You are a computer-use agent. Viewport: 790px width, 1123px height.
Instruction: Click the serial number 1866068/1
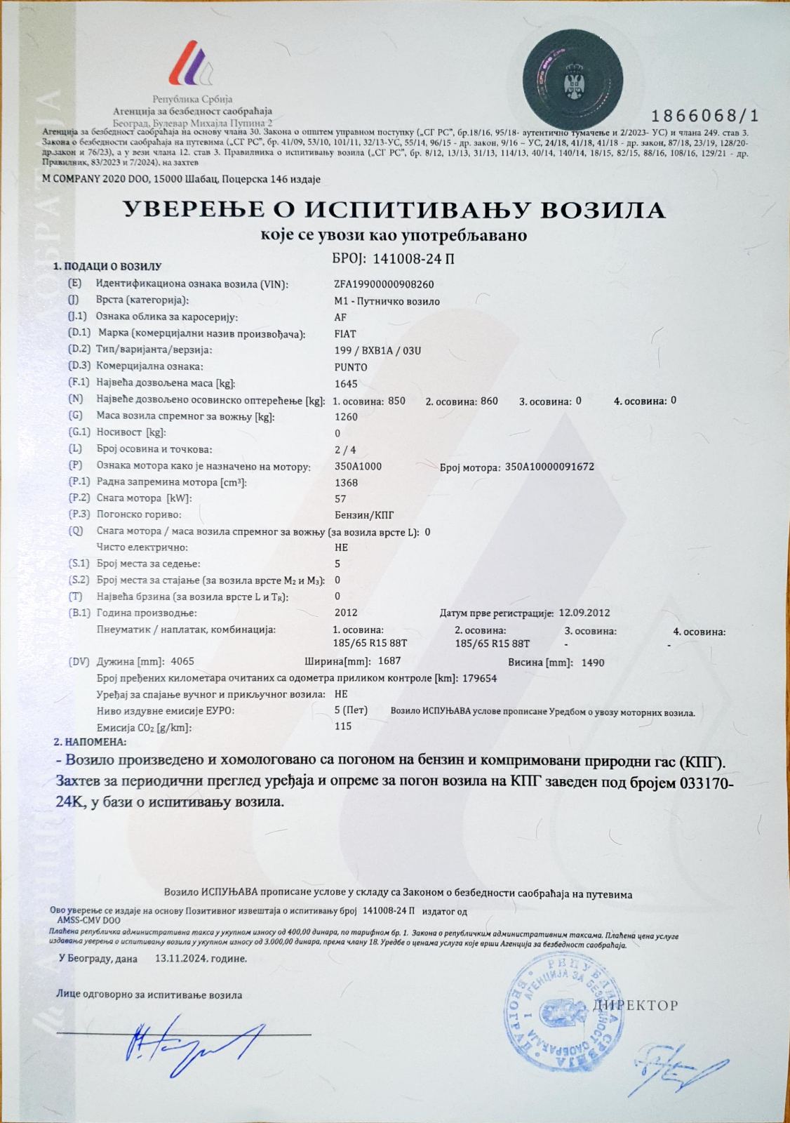coord(705,116)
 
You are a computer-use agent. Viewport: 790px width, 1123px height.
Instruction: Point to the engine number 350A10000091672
coord(549,466)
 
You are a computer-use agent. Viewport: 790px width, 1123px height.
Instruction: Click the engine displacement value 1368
coord(347,482)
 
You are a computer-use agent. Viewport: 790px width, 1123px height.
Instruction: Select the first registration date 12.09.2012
coord(584,613)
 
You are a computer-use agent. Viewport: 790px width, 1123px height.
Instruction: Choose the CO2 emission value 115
coord(343,726)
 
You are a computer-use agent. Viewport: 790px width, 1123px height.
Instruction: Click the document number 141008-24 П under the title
coord(414,258)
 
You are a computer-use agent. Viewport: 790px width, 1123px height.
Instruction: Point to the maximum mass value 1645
coord(346,384)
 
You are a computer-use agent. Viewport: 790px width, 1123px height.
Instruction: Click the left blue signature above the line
coord(189,1039)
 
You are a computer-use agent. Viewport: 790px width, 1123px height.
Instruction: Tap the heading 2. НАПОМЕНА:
coord(91,741)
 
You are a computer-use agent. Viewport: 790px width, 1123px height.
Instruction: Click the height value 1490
coord(593,663)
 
